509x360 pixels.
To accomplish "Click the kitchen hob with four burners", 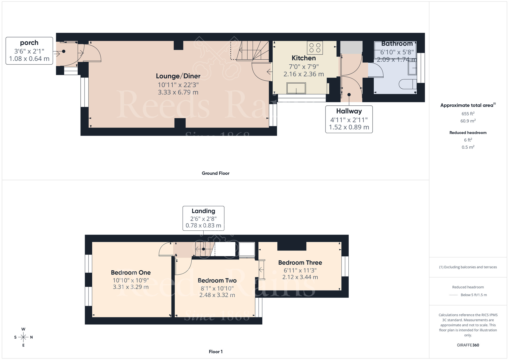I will click(x=315, y=48).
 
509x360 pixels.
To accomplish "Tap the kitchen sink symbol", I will click(x=296, y=88).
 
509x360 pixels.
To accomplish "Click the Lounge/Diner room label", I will click(x=178, y=76).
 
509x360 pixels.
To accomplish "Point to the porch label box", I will click(x=29, y=51).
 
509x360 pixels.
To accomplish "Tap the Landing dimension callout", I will click(x=203, y=218).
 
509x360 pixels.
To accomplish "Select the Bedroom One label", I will click(x=131, y=273).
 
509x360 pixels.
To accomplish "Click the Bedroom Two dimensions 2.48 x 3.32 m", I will click(x=217, y=295).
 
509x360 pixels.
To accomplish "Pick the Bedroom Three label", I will click(x=300, y=263).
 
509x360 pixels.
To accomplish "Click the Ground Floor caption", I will click(x=216, y=173).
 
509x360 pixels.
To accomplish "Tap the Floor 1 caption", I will click(x=216, y=352).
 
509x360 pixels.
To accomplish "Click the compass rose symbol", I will click(x=23, y=337).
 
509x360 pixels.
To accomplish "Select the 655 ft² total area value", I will click(x=468, y=114).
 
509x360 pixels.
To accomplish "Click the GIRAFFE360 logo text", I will click(x=468, y=345).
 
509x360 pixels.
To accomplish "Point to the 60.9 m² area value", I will click(x=468, y=121).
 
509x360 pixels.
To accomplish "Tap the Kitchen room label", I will click(x=304, y=58).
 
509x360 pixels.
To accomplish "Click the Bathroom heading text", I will click(x=397, y=44).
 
